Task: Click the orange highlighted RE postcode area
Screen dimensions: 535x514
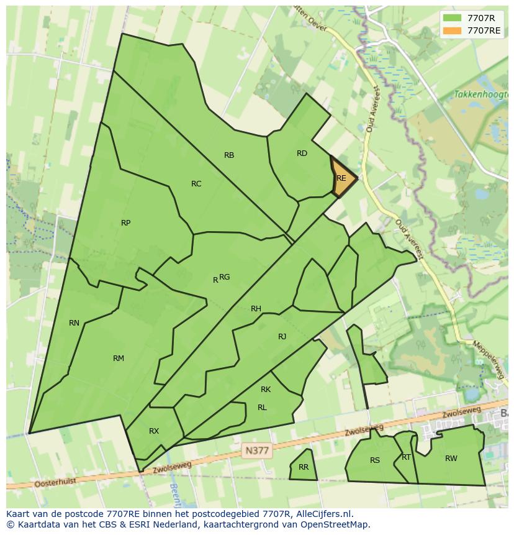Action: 343,178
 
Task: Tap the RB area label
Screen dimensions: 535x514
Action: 229,155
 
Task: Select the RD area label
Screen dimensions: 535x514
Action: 302,153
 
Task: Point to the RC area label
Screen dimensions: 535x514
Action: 196,184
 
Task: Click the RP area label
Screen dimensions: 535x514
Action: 126,223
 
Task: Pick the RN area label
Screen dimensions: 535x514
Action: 74,323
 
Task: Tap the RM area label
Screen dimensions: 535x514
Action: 119,359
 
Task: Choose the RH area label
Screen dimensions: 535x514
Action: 256,309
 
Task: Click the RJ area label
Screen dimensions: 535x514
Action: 282,337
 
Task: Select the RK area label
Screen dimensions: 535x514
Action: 266,390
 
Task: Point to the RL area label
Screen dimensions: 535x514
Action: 262,408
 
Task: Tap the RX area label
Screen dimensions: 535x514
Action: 154,431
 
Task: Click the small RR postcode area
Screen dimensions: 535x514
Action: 303,467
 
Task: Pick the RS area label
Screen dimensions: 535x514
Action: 374,460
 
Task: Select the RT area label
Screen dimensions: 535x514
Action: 406,457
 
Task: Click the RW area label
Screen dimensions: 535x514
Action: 451,459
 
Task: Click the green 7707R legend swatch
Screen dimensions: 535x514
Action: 453,17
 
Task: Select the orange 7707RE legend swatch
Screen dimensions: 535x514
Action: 453,30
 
